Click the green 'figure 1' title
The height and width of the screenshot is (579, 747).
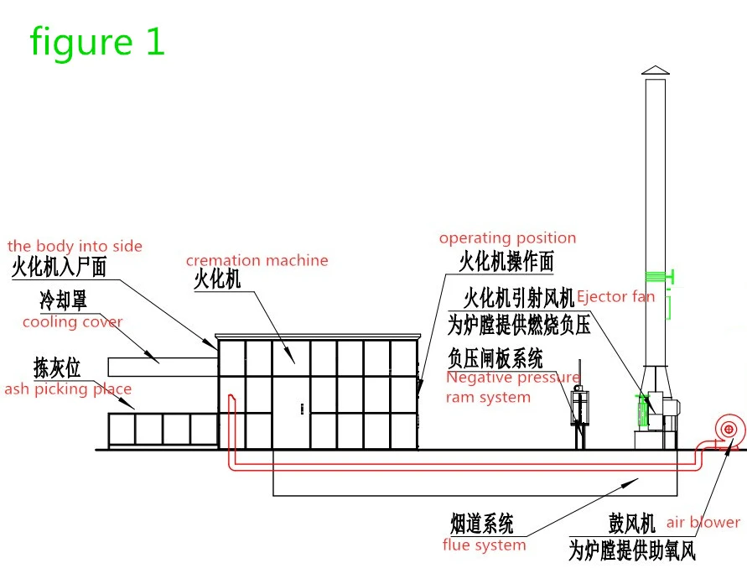[97, 42]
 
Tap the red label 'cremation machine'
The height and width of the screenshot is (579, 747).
[257, 260]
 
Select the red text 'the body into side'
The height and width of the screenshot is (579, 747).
[75, 246]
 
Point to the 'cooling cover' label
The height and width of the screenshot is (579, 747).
[72, 322]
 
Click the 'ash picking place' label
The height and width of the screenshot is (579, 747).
[68, 389]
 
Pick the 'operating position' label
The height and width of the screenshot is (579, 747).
[507, 238]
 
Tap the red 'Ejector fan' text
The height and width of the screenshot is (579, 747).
[615, 297]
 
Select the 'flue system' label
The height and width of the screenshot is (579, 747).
[484, 545]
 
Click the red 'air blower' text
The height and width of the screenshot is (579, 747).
[703, 522]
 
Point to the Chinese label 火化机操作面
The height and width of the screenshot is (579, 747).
[506, 261]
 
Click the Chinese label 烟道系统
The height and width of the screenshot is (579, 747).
[481, 524]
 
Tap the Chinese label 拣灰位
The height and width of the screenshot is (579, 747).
[57, 368]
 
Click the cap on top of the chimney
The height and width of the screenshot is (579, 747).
[656, 70]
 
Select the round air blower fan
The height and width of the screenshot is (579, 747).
[728, 430]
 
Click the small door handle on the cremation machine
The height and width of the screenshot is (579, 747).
[302, 409]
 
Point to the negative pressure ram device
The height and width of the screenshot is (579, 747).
[579, 405]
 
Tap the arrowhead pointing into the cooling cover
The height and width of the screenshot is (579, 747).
[152, 357]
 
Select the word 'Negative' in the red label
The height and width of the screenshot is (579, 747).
[477, 378]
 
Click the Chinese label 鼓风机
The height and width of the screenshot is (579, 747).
[631, 524]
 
